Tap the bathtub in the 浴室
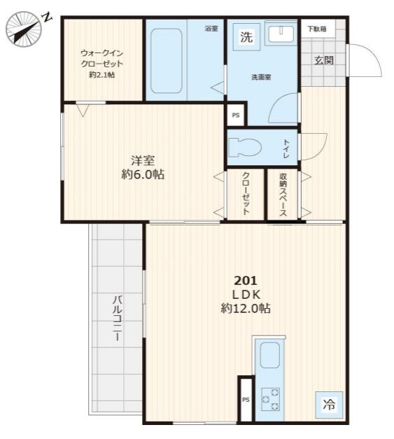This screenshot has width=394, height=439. (x=167, y=60)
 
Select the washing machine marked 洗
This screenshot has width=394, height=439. (x=246, y=37)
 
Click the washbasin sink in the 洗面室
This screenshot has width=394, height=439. (x=281, y=34)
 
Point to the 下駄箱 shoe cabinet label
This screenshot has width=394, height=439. (x=317, y=29)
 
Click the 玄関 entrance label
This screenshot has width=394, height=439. (x=324, y=60)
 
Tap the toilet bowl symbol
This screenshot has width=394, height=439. (x=245, y=147)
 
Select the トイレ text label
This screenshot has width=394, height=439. (x=286, y=149)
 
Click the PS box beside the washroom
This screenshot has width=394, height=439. (x=236, y=115)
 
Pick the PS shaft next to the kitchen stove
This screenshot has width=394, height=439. (x=246, y=400)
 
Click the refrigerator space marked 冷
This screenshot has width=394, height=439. (x=329, y=405)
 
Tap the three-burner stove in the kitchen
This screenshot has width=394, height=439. (x=271, y=400)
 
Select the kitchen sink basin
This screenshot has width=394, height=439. (x=270, y=355)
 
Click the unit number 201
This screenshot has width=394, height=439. (x=246, y=280)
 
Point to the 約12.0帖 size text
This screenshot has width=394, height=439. (x=246, y=309)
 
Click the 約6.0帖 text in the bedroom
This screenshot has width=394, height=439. (x=143, y=174)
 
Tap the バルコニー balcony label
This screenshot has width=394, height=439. (x=118, y=318)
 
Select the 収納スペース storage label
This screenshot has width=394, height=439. (x=283, y=195)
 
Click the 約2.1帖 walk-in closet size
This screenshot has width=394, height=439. (x=102, y=75)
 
